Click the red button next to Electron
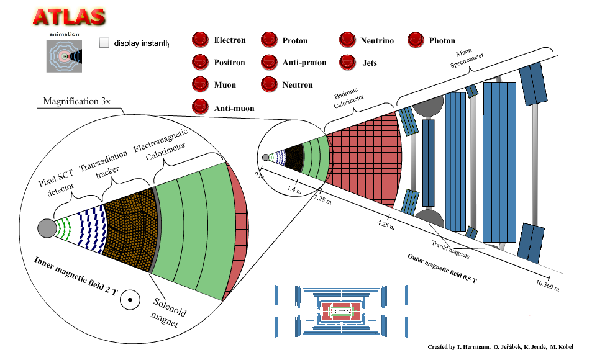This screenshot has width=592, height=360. (200, 41)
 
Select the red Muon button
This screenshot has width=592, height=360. (200, 84)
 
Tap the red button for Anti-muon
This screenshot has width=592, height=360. (200, 107)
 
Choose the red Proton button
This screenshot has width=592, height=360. (269, 41)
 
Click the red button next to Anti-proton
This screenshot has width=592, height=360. (269, 62)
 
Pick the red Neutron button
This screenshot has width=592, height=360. (269, 84)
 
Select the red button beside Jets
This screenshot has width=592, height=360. (347, 62)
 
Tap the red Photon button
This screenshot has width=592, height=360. (415, 41)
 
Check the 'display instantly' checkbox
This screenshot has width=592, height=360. (104, 43)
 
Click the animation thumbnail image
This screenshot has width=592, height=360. (64, 56)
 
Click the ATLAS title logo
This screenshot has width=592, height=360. (69, 17)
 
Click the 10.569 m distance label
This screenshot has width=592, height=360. (547, 286)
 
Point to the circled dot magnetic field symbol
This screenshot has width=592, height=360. (130, 300)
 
